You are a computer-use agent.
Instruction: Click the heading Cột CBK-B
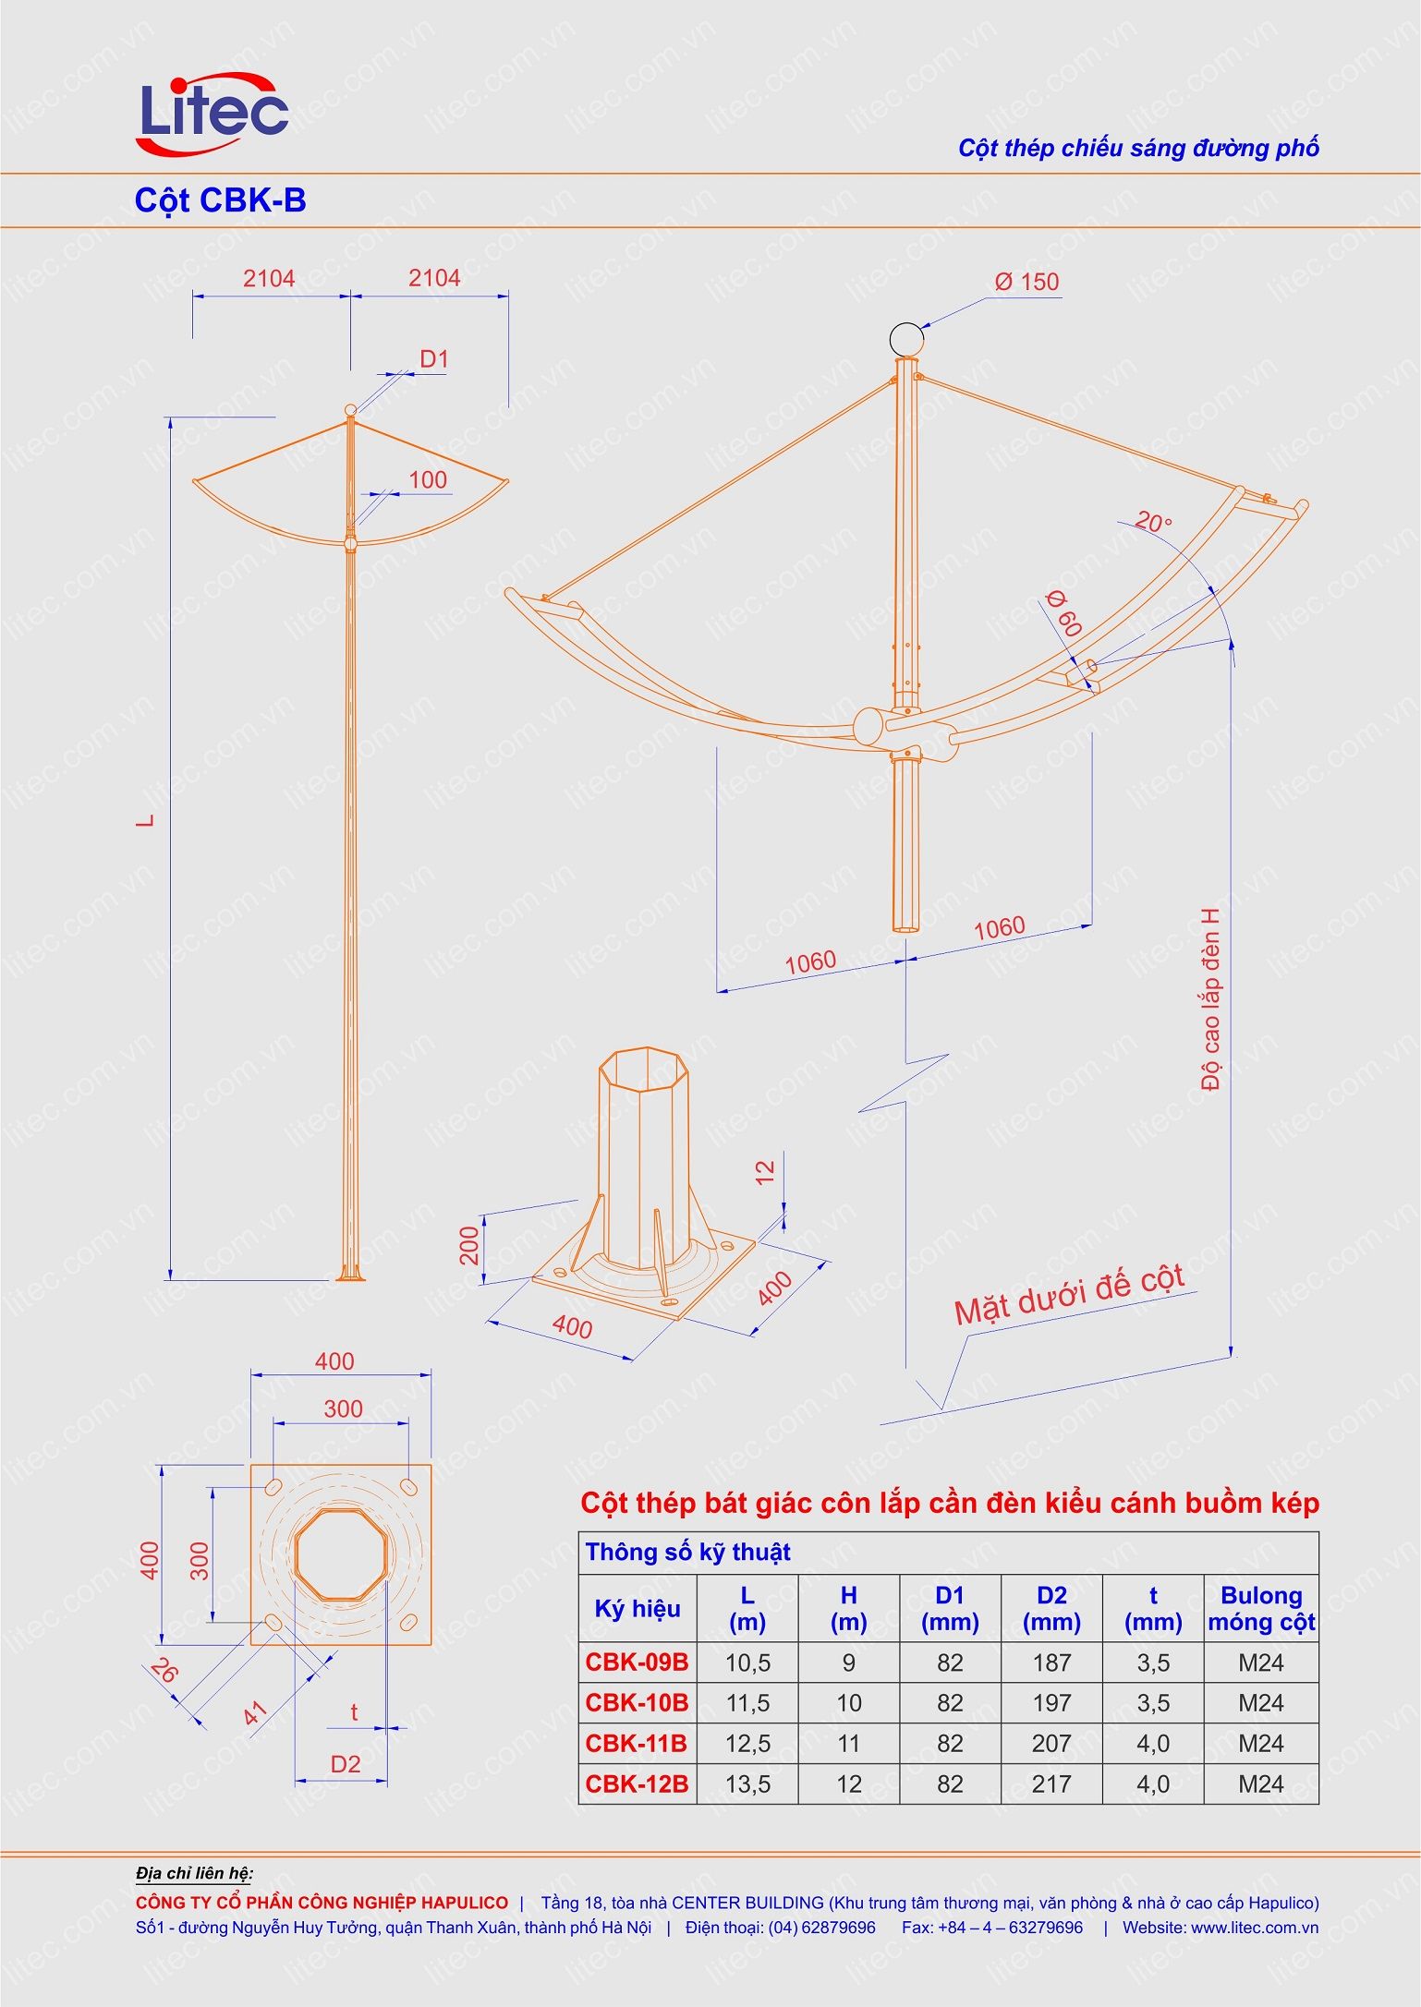pyautogui.click(x=220, y=200)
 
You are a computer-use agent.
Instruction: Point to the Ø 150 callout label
pyautogui.click(x=1026, y=283)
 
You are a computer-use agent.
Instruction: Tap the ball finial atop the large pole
pyautogui.click(x=906, y=340)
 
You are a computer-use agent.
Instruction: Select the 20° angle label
pyautogui.click(x=1152, y=522)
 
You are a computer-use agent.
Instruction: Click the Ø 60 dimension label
pyautogui.click(x=1065, y=612)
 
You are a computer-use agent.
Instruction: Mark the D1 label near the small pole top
pyautogui.click(x=433, y=359)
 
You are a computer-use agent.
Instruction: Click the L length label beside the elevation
pyautogui.click(x=146, y=819)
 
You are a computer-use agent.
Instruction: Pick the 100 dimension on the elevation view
pyautogui.click(x=427, y=480)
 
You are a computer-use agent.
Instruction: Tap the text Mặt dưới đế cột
pyautogui.click(x=1069, y=1297)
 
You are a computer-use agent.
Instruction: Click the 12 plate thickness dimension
pyautogui.click(x=765, y=1172)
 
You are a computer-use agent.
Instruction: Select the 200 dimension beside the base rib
pyautogui.click(x=470, y=1245)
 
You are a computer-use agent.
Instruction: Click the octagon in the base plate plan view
pyautogui.click(x=342, y=1554)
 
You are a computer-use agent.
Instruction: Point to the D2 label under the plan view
pyautogui.click(x=346, y=1764)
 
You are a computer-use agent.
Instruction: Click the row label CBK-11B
pyautogui.click(x=637, y=1743)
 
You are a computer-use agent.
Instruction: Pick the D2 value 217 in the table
pyautogui.click(x=1051, y=1783)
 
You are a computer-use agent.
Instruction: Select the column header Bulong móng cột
pyautogui.click(x=1260, y=1608)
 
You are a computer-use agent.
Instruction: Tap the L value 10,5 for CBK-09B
pyautogui.click(x=747, y=1662)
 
